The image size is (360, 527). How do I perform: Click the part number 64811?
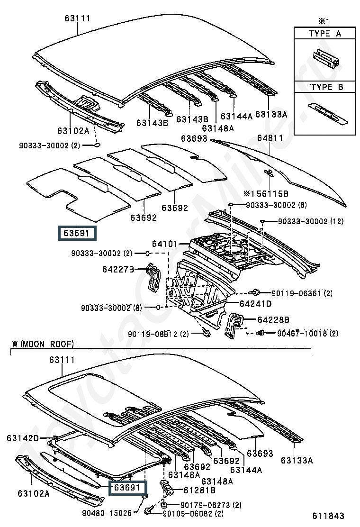[270, 138]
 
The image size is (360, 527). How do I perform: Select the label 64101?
[164, 244]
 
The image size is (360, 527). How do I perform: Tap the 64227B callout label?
[118, 269]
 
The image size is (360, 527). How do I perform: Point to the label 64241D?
[256, 304]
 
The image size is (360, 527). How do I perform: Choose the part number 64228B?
[273, 319]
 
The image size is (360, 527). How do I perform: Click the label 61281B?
[199, 491]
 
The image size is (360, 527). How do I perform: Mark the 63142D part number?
[23, 438]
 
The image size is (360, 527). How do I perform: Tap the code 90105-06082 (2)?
[193, 514]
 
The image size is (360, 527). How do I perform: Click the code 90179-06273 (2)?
[211, 505]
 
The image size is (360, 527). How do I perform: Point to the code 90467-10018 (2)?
[307, 334]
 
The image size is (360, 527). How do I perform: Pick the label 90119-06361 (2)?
[302, 293]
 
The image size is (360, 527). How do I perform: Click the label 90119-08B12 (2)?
[159, 334]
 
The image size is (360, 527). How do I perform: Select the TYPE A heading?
[325, 34]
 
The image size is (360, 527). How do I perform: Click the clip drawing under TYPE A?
[326, 58]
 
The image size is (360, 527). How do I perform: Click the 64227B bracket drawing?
[153, 278]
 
